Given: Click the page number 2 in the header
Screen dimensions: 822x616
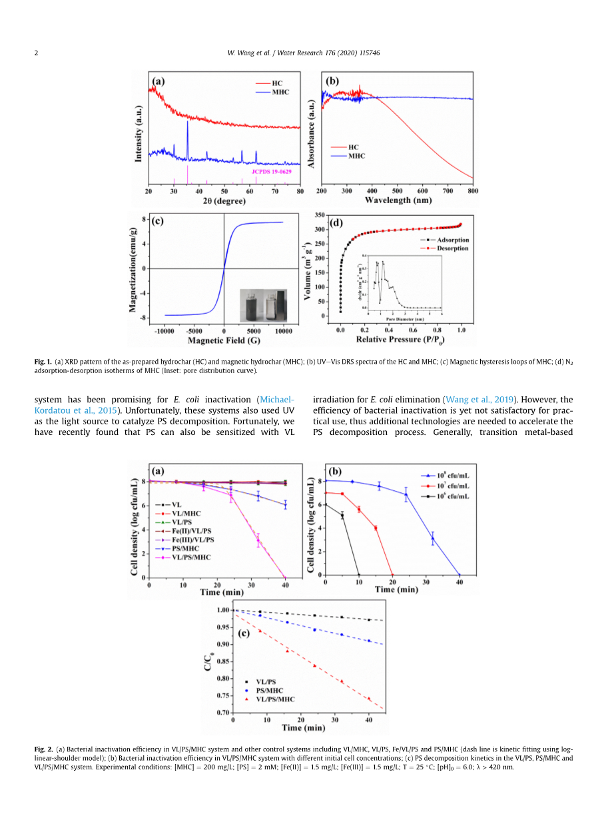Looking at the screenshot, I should tap(36, 53).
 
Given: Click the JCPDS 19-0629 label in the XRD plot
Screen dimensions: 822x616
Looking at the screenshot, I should tap(272, 171).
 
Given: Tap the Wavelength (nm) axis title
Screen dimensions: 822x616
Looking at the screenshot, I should tap(397, 201).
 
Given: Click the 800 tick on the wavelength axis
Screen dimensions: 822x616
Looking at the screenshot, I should tap(473, 191).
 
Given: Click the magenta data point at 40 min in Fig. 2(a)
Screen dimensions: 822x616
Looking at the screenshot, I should tap(285, 577).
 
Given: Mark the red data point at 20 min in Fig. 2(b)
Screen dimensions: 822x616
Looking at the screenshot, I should tap(392, 575).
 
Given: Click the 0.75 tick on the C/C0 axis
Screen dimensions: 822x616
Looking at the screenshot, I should tap(221, 678).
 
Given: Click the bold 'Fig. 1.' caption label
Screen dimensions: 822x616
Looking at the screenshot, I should tap(43, 362).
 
